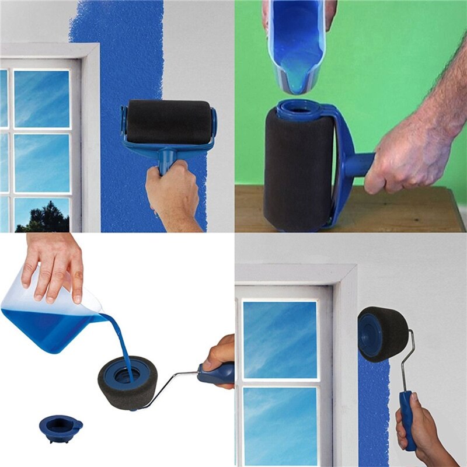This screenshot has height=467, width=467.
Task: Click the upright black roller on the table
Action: click(298, 169)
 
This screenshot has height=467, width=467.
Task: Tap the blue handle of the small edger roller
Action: click(407, 417)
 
